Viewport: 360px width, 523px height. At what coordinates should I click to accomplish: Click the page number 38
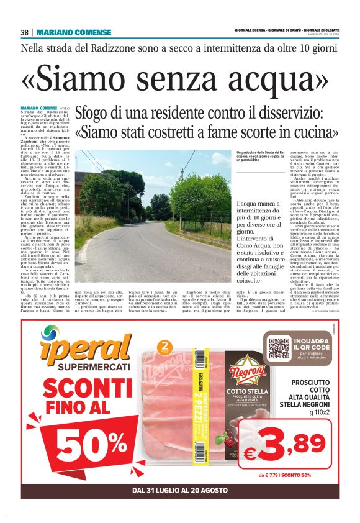point(25,32)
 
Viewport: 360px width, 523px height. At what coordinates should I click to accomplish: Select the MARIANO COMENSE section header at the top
point(74,32)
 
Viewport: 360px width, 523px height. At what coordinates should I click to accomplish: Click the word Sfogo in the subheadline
point(97,114)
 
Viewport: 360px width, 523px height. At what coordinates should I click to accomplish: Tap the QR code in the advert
point(280,346)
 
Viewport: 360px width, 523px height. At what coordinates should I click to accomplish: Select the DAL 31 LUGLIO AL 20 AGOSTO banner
point(180,491)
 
